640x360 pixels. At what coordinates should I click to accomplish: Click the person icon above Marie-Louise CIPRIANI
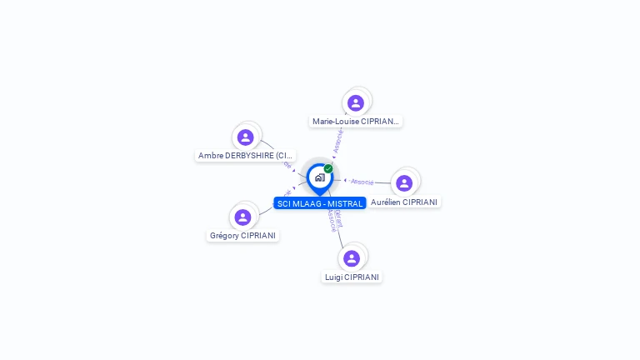click(x=356, y=102)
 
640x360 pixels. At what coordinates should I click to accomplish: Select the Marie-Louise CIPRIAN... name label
click(x=356, y=122)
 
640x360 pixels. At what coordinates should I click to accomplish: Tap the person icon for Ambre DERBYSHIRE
click(x=245, y=137)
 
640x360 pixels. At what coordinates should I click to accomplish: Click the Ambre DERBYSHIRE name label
click(x=246, y=156)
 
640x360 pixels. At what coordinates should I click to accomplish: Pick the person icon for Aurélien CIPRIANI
click(x=404, y=182)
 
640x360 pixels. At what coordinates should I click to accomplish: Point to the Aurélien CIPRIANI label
click(x=404, y=202)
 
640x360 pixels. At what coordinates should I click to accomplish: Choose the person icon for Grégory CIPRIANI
click(x=242, y=217)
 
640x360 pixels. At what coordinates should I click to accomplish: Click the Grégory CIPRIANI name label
click(x=242, y=236)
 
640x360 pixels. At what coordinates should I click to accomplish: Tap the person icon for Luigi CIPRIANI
click(x=352, y=257)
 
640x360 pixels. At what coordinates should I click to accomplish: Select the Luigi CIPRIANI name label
click(x=352, y=277)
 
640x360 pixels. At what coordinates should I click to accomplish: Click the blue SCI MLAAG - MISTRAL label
click(x=320, y=204)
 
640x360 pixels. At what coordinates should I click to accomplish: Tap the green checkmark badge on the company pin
click(x=328, y=168)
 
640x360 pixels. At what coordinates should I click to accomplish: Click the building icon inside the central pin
click(x=319, y=177)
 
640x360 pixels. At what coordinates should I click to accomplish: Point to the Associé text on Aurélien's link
click(x=362, y=181)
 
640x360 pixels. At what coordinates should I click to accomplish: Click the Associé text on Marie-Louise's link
click(x=337, y=141)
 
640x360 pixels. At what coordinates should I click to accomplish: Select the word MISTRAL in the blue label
click(x=345, y=204)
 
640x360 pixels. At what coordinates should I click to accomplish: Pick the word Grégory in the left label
click(x=224, y=236)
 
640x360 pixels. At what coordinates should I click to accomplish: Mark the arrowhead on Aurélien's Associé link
click(x=346, y=180)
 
